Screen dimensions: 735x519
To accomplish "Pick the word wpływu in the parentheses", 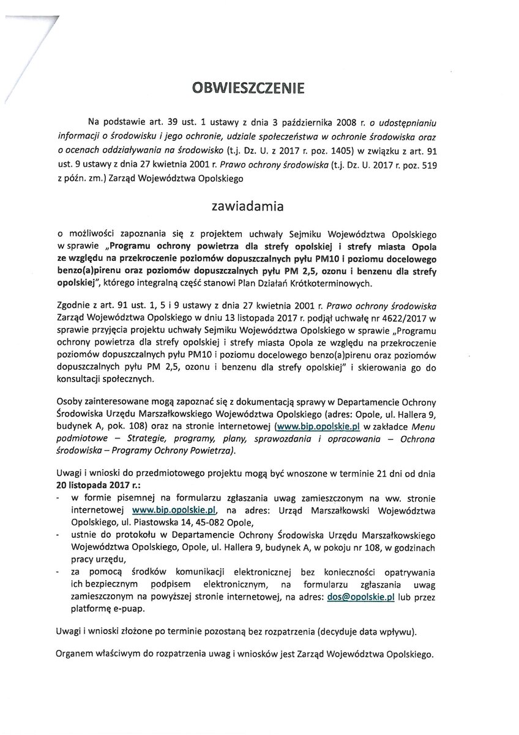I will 418,631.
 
